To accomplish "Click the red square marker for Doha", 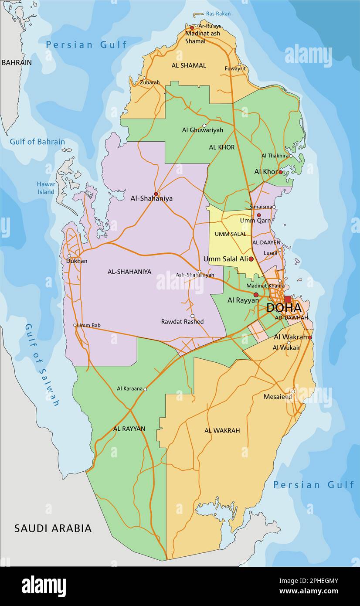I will click(x=288, y=299).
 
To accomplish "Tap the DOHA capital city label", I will click(x=284, y=308).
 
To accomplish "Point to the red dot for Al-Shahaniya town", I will click(x=156, y=194).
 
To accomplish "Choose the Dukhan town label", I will click(x=77, y=261).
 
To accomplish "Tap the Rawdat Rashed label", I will click(x=182, y=322).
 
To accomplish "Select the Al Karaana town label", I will click(x=129, y=388).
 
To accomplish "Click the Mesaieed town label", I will click(x=277, y=397).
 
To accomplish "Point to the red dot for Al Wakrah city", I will click(x=310, y=337).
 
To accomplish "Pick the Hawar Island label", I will click(x=46, y=188).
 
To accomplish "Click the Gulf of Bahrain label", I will click(x=37, y=142).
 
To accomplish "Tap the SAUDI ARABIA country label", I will click(x=53, y=528).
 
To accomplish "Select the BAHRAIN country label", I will click(x=17, y=62).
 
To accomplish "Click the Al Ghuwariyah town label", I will click(x=202, y=130).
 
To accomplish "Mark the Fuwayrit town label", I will click(x=235, y=68).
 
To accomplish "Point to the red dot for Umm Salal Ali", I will click(x=251, y=259).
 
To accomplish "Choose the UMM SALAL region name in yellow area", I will click(x=230, y=234).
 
